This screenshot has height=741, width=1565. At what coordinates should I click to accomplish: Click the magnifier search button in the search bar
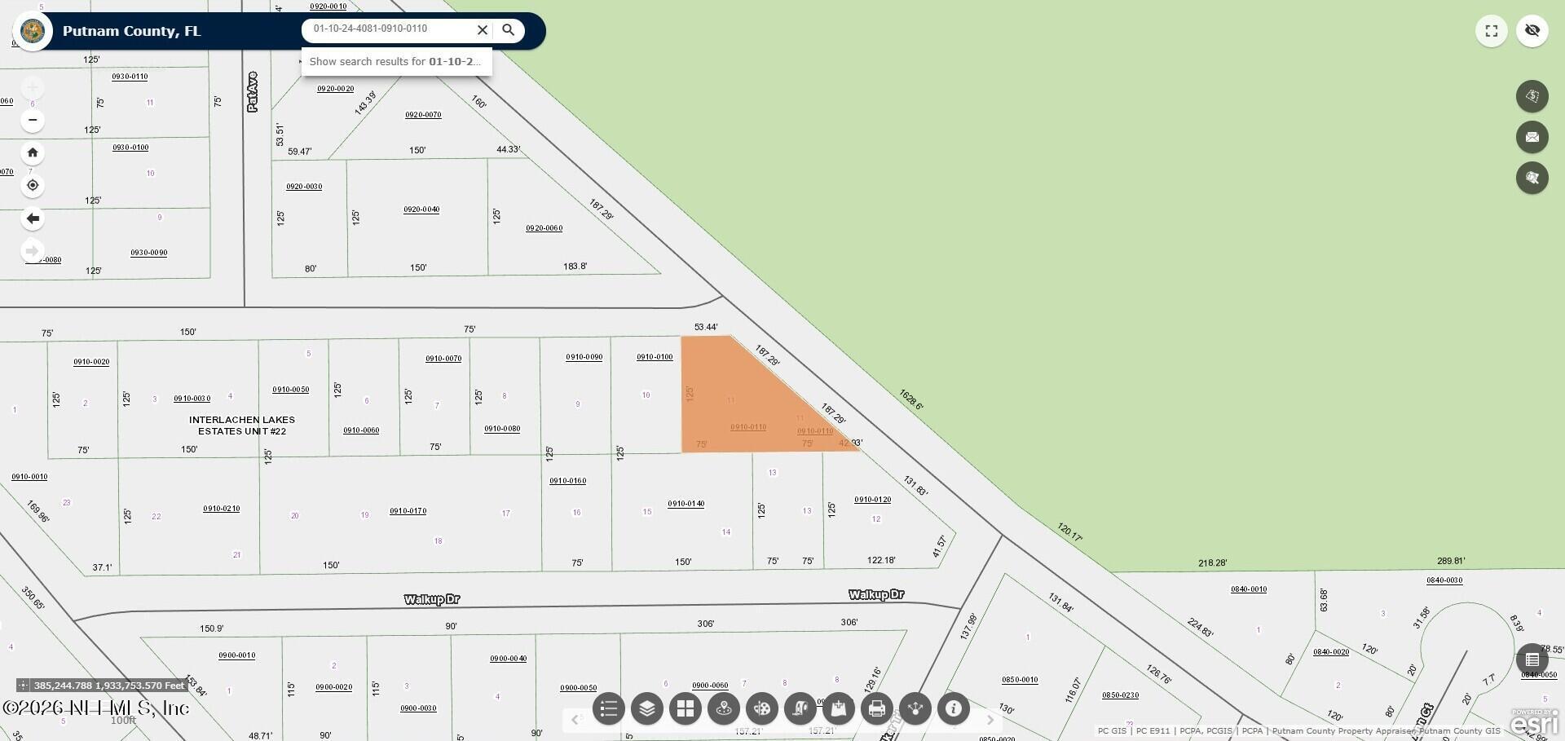click(508, 30)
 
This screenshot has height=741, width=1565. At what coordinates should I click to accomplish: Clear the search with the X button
click(483, 30)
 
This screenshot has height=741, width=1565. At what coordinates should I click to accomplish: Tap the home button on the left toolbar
click(33, 152)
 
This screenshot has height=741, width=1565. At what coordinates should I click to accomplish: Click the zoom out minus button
click(33, 120)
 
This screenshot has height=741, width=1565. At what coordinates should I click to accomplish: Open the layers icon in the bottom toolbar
click(647, 708)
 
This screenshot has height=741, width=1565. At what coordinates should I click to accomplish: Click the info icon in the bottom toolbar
click(954, 708)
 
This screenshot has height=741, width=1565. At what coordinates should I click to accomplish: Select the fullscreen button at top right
click(1492, 31)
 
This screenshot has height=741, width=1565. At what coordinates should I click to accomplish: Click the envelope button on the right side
click(1532, 137)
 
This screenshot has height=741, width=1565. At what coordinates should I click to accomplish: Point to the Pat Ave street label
click(252, 91)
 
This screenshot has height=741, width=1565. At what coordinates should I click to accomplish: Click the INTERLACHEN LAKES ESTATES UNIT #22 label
click(242, 426)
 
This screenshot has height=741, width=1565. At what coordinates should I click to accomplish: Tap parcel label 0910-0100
click(655, 357)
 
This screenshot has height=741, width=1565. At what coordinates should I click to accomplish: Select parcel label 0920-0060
click(544, 228)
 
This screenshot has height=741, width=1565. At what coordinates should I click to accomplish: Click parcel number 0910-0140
click(686, 504)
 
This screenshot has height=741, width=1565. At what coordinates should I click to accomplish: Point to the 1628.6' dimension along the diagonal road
click(910, 399)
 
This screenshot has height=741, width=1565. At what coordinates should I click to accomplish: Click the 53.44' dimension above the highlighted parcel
click(706, 327)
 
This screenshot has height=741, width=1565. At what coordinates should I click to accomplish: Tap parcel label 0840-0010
click(1249, 589)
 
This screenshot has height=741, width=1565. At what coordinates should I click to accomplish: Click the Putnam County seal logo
click(33, 32)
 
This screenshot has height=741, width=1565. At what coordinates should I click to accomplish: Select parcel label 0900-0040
click(508, 659)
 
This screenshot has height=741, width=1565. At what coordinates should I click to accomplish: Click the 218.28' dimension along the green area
click(1213, 563)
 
